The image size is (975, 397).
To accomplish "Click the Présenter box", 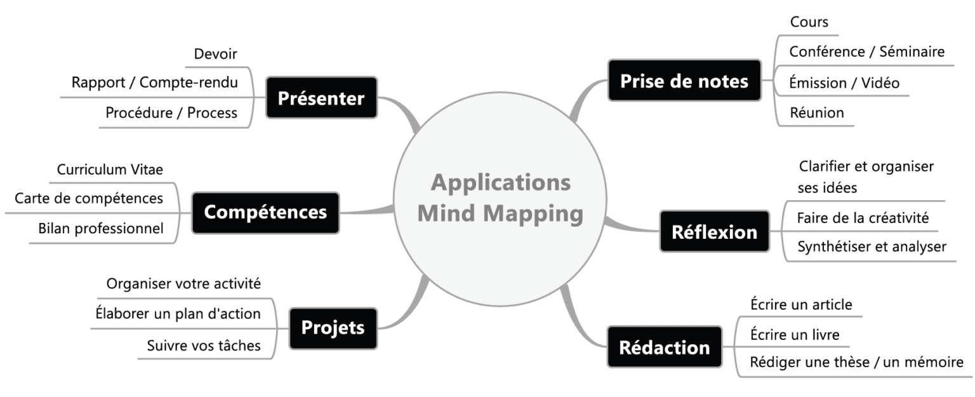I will pyautogui.click(x=321, y=98).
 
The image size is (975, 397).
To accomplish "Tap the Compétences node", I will pyautogui.click(x=265, y=212).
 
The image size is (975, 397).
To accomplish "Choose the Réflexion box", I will pyautogui.click(x=714, y=232).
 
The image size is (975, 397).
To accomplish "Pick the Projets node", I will pyautogui.click(x=333, y=328).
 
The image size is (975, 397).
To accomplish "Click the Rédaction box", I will pyautogui.click(x=664, y=347).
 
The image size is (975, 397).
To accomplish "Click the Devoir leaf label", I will pyautogui.click(x=216, y=55).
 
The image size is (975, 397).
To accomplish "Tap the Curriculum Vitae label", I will pyautogui.click(x=110, y=170).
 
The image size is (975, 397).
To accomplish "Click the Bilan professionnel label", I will pyautogui.click(x=100, y=228).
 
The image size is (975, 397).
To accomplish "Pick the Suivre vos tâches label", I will pyautogui.click(x=203, y=346).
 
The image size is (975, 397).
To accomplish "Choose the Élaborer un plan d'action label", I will pyautogui.click(x=178, y=313).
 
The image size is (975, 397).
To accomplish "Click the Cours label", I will pyautogui.click(x=809, y=22).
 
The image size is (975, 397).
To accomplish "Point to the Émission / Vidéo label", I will pyautogui.click(x=844, y=83).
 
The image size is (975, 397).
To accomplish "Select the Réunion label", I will pyautogui.click(x=816, y=113).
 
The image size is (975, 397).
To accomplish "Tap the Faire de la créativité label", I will pyautogui.click(x=863, y=219).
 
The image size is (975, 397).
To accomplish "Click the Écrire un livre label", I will pyautogui.click(x=795, y=334).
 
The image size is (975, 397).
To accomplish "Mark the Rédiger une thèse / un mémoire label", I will pyautogui.click(x=856, y=363).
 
